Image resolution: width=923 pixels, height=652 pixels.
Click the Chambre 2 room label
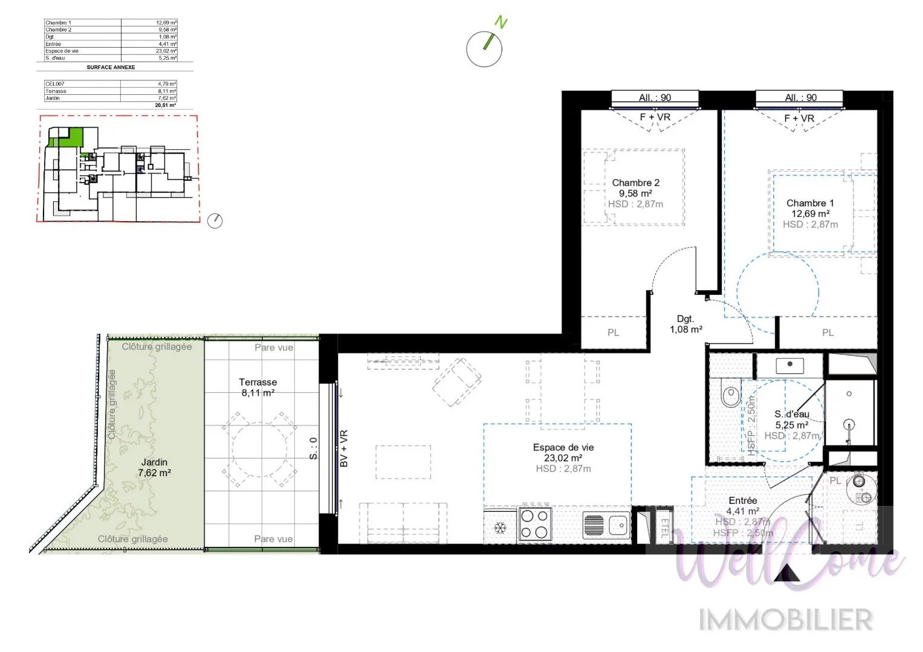(635, 182)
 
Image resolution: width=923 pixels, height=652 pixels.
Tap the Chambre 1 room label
(810, 203)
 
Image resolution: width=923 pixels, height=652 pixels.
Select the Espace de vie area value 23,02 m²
(563, 458)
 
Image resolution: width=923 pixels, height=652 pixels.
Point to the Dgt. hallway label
(685, 319)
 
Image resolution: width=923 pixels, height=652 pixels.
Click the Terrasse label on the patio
(258, 382)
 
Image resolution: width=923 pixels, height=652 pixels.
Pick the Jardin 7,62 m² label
(154, 467)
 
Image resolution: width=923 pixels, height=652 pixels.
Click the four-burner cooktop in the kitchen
(535, 523)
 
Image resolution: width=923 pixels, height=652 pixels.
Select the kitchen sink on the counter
(606, 525)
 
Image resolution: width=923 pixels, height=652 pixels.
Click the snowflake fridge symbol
(500, 528)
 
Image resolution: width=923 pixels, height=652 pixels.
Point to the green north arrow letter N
(500, 23)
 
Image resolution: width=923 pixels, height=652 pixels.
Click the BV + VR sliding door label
(343, 448)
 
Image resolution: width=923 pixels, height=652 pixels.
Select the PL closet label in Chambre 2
(613, 332)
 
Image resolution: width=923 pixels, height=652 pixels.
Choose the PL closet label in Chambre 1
(827, 332)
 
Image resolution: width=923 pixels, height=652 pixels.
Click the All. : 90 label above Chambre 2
(655, 97)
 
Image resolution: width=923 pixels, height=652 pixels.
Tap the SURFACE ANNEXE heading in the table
(111, 67)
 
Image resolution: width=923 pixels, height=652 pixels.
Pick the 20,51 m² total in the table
(165, 105)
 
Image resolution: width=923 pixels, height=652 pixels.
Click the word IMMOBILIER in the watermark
(785, 620)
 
